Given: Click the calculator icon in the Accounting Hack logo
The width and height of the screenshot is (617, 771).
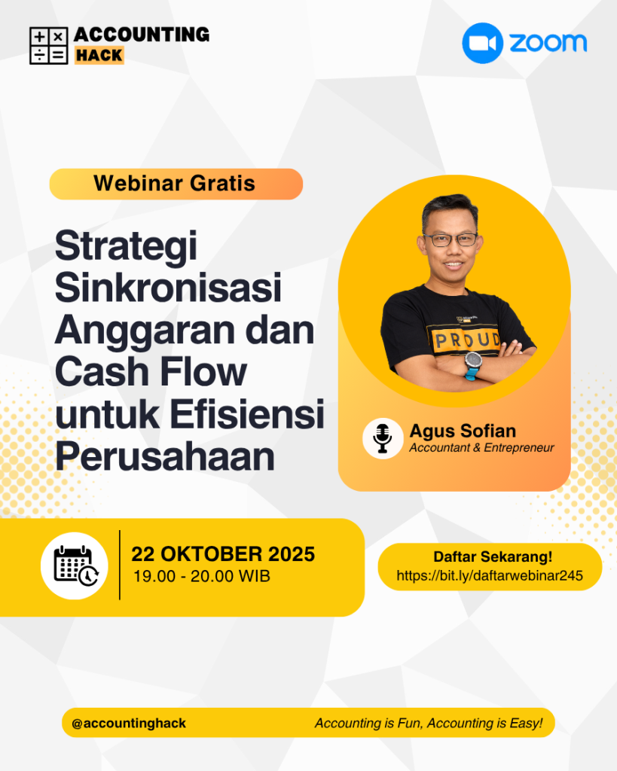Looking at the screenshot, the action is (x=49, y=46).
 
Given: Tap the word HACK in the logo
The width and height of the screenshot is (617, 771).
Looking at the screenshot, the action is (x=99, y=55).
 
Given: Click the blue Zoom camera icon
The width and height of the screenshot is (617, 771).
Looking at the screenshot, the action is (x=482, y=43).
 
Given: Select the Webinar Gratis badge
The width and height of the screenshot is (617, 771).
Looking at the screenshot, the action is (x=176, y=184).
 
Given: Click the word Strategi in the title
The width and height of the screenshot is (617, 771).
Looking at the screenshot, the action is (x=126, y=246).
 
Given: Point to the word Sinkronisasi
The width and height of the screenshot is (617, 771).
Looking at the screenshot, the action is (x=168, y=287).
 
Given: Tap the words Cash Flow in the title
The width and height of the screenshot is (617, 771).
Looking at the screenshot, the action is (x=151, y=372).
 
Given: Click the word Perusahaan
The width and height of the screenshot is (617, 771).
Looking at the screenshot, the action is (x=165, y=456).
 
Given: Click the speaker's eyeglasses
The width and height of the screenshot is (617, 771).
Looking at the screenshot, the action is (x=450, y=240).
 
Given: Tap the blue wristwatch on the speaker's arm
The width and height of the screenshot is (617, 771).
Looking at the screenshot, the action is (x=473, y=366).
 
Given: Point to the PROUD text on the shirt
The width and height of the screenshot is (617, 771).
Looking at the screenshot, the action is (x=466, y=340).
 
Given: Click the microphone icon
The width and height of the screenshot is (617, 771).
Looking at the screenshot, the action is (x=382, y=438).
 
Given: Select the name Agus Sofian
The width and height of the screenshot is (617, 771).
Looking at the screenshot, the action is (x=463, y=431).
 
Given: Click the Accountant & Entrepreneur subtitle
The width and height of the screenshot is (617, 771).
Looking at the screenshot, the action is (x=481, y=447).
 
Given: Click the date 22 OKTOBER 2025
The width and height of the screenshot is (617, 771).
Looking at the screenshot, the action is (x=223, y=554).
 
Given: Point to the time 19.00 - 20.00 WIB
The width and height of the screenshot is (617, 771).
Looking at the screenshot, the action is (x=202, y=576).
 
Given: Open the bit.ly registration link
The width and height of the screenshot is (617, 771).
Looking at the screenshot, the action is (x=490, y=575).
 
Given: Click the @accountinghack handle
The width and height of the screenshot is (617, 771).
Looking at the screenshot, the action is (x=129, y=724).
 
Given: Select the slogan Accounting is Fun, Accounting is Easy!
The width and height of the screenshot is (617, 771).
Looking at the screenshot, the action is (x=429, y=724).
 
